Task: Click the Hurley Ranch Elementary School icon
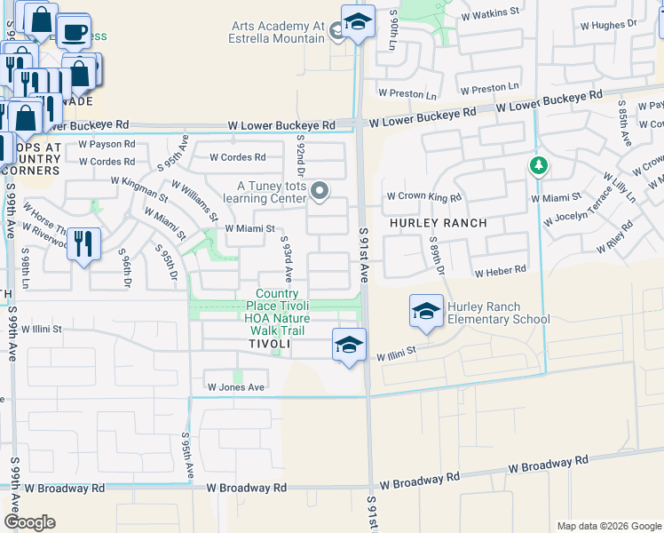tap(426, 312)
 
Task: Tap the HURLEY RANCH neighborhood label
tap(438, 223)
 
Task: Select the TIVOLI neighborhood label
tap(269, 344)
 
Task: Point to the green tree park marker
tap(536, 165)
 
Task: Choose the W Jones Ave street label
tap(236, 387)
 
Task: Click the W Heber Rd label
tap(500, 269)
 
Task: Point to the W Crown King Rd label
tap(424, 197)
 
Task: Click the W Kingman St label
tap(139, 187)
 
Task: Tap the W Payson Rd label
tap(107, 144)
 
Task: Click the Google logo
tap(29, 522)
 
